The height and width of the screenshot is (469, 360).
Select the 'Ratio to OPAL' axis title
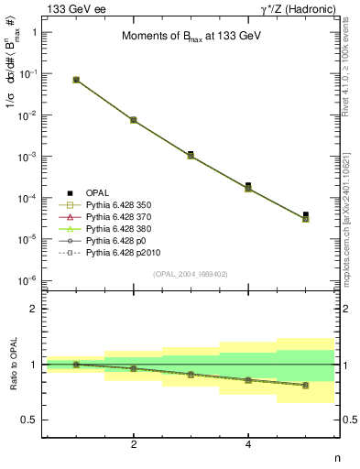click(12, 365)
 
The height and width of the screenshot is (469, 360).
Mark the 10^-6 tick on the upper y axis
click(27, 280)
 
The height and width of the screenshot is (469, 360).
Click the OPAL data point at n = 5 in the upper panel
click(305, 215)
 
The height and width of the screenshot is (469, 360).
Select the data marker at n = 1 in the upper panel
click(76, 80)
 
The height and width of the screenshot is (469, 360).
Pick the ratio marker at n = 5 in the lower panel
click(305, 386)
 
